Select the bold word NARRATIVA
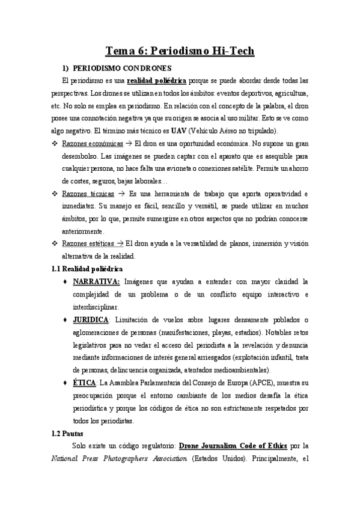[96, 281]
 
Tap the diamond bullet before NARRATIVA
[64, 281]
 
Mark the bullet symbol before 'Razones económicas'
[54, 144]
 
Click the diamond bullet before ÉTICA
[64, 382]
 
